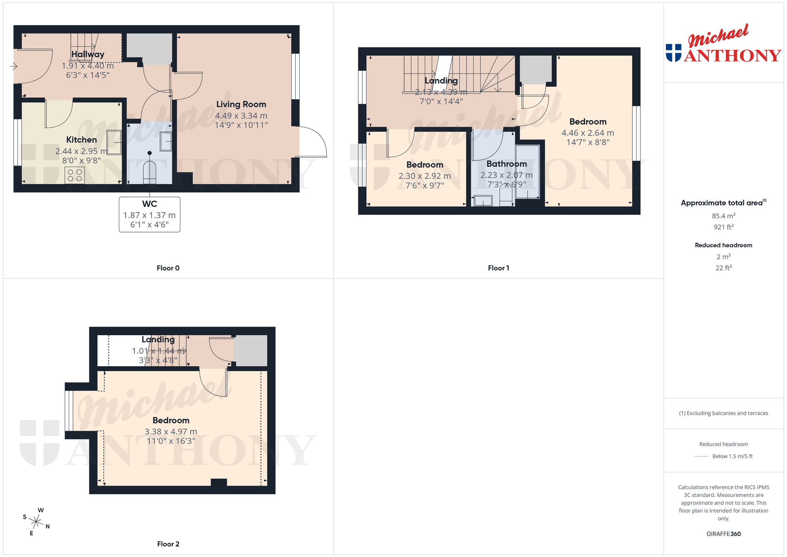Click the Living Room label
(x=241, y=104)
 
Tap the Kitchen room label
(x=82, y=140)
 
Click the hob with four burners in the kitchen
(x=75, y=175)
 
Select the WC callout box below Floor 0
(x=150, y=215)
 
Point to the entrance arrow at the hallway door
(x=14, y=66)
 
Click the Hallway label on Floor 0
(x=88, y=54)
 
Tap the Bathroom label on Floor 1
(x=507, y=164)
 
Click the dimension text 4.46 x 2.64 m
(x=588, y=133)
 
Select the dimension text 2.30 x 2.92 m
(x=425, y=176)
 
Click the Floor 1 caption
(x=498, y=268)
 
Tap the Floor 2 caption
(x=168, y=544)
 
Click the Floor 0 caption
(x=168, y=268)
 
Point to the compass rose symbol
(x=36, y=522)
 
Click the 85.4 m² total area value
(x=724, y=216)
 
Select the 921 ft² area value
(x=724, y=227)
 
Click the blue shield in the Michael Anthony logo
(x=674, y=53)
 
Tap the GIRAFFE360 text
(x=724, y=534)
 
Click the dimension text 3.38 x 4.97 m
(x=171, y=432)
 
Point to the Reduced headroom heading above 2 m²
(x=724, y=245)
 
